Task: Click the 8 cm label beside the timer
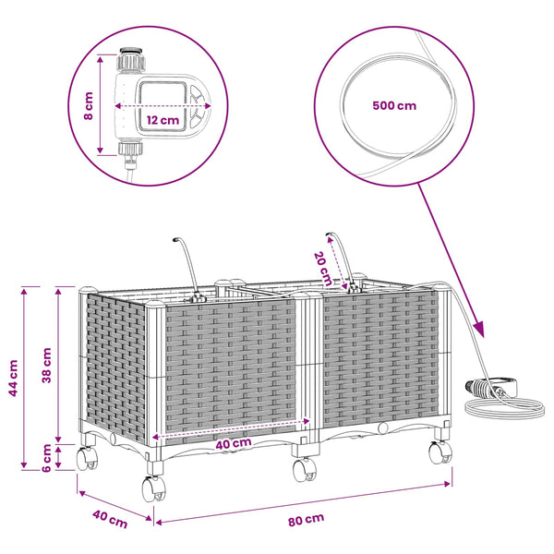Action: pos(89,105)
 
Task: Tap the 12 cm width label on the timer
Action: pos(163,120)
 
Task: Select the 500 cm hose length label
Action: pos(394,105)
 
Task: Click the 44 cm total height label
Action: pos(13,378)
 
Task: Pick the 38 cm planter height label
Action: pos(47,365)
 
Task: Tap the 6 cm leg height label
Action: pos(47,458)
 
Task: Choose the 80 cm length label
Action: pos(306,520)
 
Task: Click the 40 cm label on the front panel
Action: pos(234,444)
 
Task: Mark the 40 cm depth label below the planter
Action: pos(110,519)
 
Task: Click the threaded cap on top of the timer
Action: pos(131,59)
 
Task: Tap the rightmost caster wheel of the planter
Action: pos(440,452)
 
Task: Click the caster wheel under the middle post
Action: pos(305,469)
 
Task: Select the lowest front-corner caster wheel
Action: pos(153,488)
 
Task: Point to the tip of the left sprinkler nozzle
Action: pos(175,240)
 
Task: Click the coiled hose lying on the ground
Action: pos(503,407)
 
